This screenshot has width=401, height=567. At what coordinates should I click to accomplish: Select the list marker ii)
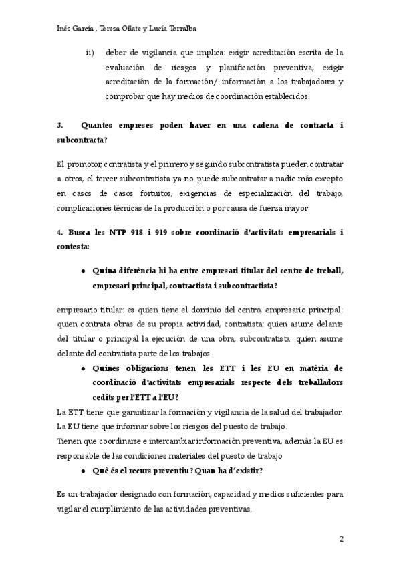coord(90,52)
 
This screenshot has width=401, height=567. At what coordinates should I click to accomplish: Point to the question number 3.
coord(60,126)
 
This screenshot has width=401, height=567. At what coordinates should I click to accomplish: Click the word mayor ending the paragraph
coord(294,208)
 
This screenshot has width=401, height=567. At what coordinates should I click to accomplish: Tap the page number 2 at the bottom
coord(341,539)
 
